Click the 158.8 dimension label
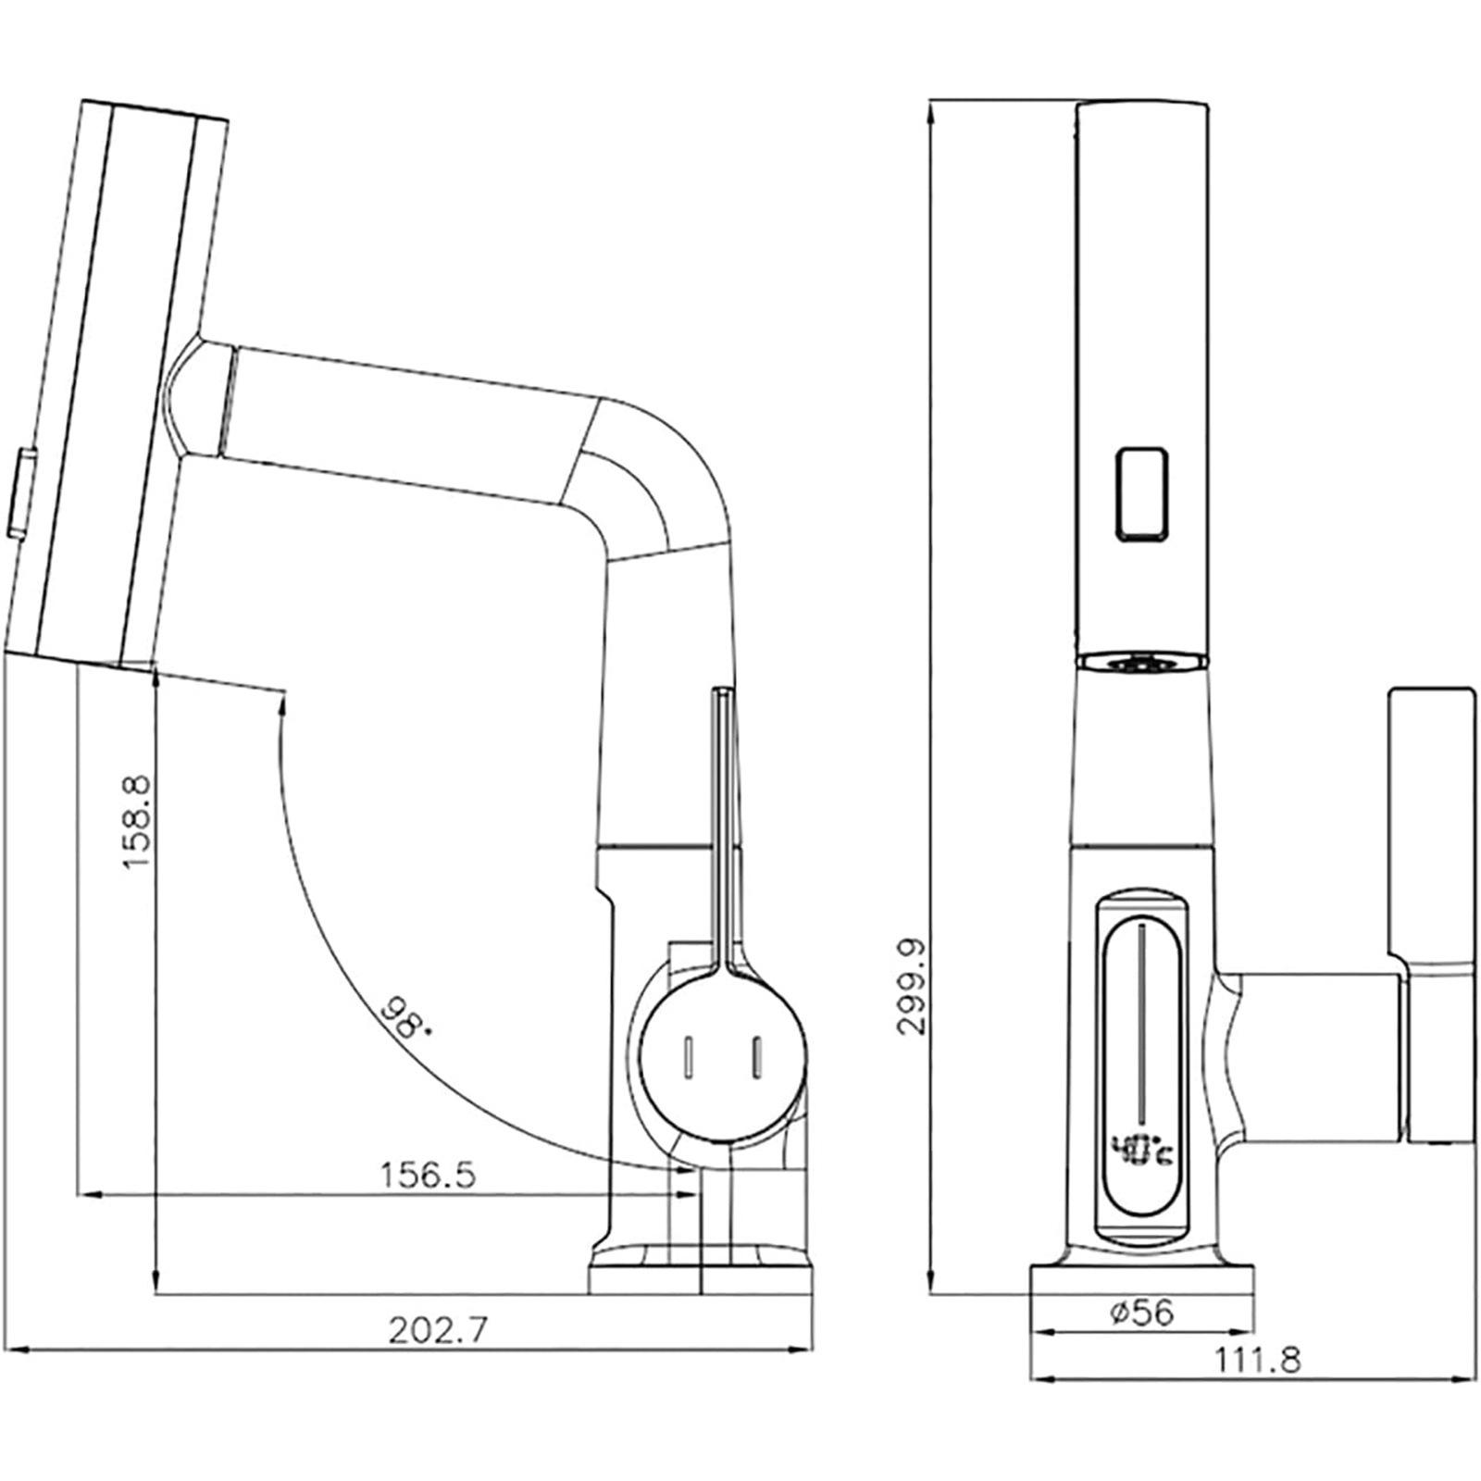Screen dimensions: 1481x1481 (136, 822)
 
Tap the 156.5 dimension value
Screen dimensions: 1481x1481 (428, 1176)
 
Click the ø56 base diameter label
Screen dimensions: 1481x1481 (1140, 1312)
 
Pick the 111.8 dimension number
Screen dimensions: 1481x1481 (1257, 1361)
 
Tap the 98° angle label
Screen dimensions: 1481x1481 (405, 1019)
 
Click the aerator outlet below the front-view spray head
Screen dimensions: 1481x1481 (1141, 660)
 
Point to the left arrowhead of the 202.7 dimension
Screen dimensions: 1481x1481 (17, 1350)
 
